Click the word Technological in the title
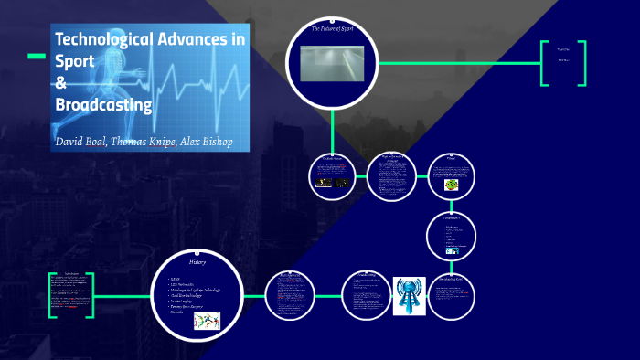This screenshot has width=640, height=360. tap(104, 40)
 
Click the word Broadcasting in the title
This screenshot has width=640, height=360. tap(103, 104)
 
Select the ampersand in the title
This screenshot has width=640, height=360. tap(61, 83)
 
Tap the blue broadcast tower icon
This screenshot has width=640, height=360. tap(410, 295)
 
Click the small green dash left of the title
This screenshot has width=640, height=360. tap(36, 57)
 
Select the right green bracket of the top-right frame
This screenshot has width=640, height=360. tap(581, 63)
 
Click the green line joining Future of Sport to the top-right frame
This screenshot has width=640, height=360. tap(457, 63)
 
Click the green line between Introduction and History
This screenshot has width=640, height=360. tap(123, 294)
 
